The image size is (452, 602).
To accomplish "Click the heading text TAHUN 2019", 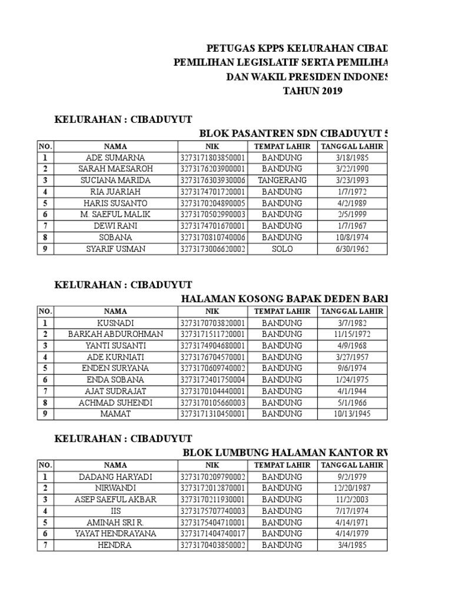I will coord(312,91).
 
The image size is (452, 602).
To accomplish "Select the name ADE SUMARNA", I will coord(115,158).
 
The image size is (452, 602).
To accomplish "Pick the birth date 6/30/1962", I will coord(352,249).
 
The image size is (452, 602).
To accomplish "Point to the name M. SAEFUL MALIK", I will coord(115,215).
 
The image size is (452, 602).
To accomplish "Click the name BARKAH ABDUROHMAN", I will coord(115,334).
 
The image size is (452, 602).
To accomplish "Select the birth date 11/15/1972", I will coord(352,334).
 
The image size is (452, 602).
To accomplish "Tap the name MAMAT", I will coord(115,414).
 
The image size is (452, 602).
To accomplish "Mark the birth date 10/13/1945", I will coord(352,414).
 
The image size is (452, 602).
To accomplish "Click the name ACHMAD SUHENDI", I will coord(115,403).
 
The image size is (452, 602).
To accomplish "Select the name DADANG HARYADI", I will coord(115,477).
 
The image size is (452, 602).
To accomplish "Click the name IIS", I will coord(115,511).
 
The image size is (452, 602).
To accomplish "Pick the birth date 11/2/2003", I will coord(352,500).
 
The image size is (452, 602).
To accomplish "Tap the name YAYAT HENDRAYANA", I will coord(115,534).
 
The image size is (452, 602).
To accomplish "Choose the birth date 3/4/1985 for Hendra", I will coord(352,545).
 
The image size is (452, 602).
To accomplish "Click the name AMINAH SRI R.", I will coord(115,522).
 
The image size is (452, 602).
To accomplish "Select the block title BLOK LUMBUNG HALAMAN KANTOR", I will coord(285,452).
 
